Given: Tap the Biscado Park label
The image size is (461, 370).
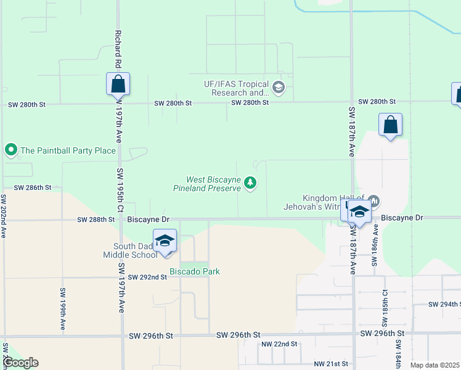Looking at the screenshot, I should point(195,271).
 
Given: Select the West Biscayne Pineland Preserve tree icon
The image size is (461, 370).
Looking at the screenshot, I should point(250,183).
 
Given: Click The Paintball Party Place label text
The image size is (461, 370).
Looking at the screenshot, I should point(68,150).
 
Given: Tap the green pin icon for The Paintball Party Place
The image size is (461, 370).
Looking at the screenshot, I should point(10,150).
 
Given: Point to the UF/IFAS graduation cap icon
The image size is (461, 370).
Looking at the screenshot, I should point(279,88).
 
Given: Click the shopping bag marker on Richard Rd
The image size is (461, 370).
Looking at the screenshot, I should point(118,84).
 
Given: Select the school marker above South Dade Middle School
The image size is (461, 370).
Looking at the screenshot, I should point(165,240).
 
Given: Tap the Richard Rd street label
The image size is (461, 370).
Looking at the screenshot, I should point(118,50).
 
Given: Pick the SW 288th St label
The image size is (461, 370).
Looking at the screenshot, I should point(96,219).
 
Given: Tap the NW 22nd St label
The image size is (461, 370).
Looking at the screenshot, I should point(279,344).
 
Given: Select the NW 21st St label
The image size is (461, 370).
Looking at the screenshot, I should point(332,364).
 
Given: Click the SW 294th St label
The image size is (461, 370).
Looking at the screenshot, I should point(444,305).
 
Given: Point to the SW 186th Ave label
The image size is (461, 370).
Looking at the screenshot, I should point(374,245).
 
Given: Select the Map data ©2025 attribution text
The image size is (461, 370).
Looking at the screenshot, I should point(434,365).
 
